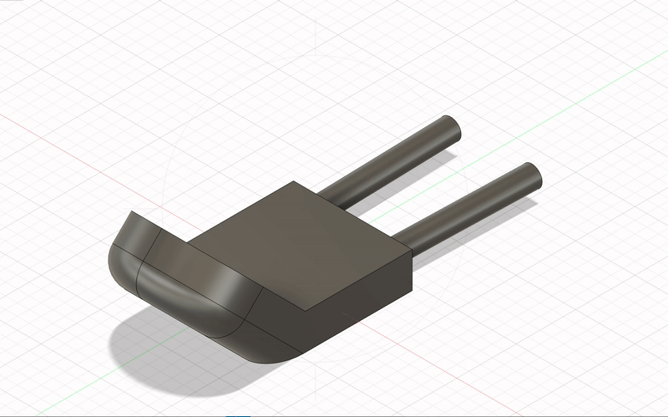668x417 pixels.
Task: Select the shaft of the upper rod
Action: (x=392, y=163)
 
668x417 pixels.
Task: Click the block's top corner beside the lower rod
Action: (x=411, y=252)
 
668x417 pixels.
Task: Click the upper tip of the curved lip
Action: (x=135, y=215)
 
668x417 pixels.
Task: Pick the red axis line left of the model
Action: (x=50, y=138)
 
